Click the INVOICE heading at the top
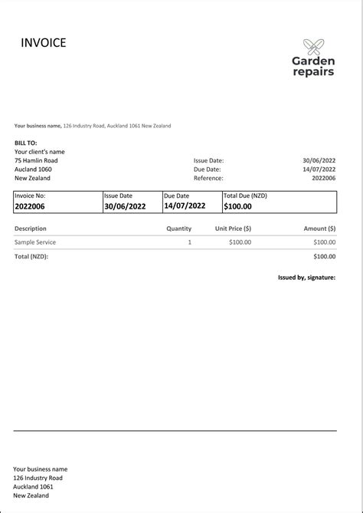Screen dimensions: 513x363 44,43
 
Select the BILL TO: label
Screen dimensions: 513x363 25,143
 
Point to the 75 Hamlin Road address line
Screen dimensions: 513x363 36,160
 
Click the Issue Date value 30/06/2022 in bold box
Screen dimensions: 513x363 125,206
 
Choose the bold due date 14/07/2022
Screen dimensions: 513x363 185,206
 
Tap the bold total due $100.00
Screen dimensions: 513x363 237,206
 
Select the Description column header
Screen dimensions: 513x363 31,229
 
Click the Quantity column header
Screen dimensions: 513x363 179,229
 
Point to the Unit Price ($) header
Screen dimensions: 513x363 233,229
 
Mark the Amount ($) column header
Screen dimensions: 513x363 319,229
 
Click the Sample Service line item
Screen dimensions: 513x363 35,242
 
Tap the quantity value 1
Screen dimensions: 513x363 189,242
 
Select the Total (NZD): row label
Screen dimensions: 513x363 31,256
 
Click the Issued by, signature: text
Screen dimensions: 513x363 306,278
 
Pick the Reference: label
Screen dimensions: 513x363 208,178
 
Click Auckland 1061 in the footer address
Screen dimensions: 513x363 34,486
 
